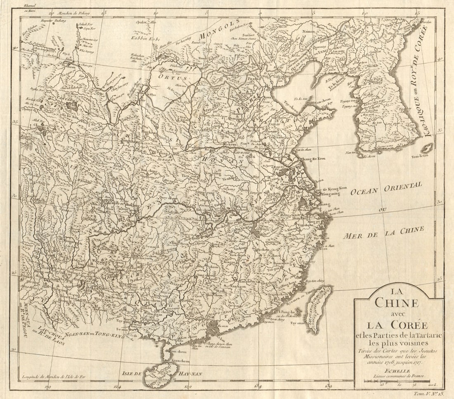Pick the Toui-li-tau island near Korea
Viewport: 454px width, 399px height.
coord(428,147)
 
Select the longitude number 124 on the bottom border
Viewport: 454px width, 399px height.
coord(117,387)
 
